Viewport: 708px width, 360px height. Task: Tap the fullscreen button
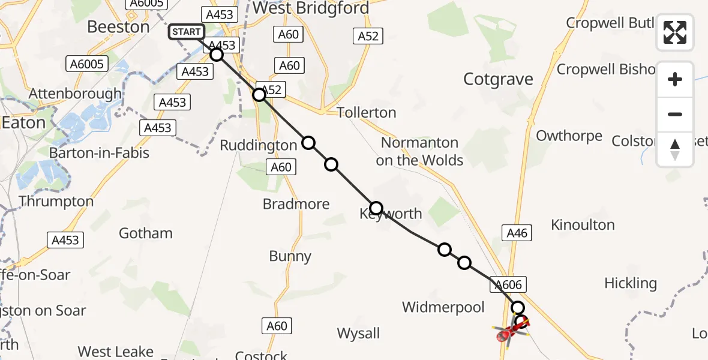pyautogui.click(x=675, y=32)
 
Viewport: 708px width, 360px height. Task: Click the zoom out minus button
pyautogui.click(x=675, y=114)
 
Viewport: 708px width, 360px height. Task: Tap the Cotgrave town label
pyautogui.click(x=499, y=79)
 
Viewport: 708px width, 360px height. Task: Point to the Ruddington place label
pyautogui.click(x=259, y=145)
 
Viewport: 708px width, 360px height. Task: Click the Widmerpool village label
pyautogui.click(x=443, y=307)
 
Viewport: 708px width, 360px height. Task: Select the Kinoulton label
pyautogui.click(x=583, y=225)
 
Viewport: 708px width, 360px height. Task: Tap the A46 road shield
pyautogui.click(x=517, y=233)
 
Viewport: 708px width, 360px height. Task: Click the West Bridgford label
pyautogui.click(x=310, y=8)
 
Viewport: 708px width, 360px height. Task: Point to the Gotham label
pyautogui.click(x=146, y=233)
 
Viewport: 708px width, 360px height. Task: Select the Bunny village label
pyautogui.click(x=290, y=256)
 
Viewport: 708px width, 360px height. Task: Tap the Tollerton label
pyautogui.click(x=367, y=113)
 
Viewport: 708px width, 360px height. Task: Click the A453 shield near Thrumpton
pyautogui.click(x=65, y=240)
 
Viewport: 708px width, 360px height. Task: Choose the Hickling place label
pyautogui.click(x=631, y=283)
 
